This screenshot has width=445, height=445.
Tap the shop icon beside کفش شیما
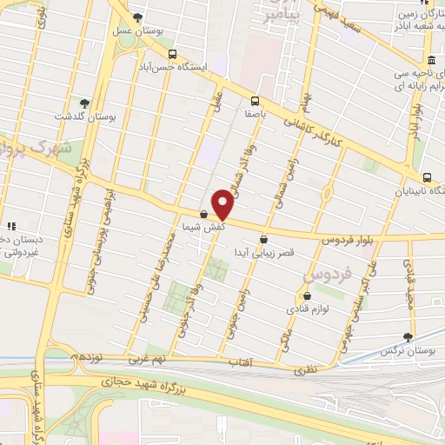click(203, 214)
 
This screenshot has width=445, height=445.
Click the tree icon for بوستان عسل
click(138, 17)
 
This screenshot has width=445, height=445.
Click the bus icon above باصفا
click(255, 100)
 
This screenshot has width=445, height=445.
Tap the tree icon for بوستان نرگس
click(408, 337)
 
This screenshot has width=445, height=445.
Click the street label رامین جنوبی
click(237, 303)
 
